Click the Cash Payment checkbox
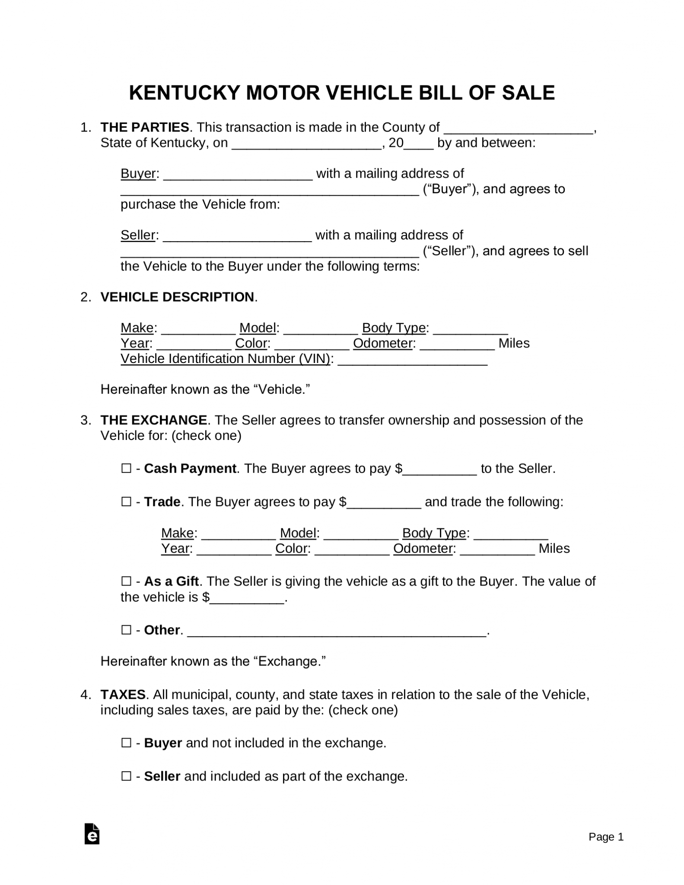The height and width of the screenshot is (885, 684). [126, 468]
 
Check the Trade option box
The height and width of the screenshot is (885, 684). [126, 502]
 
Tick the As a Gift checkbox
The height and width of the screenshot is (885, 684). [126, 581]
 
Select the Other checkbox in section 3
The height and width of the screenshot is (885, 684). [126, 630]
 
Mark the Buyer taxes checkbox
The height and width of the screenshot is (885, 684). [126, 743]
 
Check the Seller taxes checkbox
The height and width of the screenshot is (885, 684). [126, 776]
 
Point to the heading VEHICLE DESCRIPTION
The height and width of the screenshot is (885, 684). [177, 297]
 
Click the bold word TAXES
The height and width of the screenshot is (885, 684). [123, 694]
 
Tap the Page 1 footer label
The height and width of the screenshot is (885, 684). [606, 837]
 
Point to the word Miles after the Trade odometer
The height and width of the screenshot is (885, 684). [554, 548]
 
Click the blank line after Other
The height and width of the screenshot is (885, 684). [338, 632]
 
